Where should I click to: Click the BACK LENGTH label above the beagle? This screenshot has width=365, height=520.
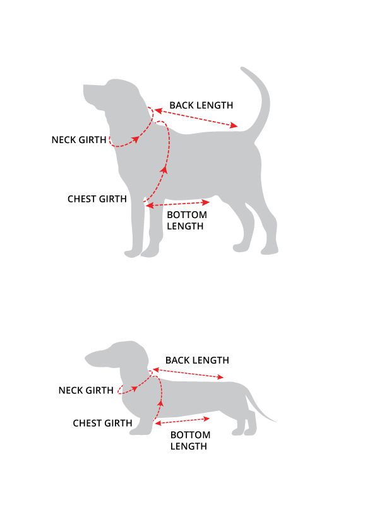click(x=201, y=105)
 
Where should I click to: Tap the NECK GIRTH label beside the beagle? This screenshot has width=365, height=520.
click(x=79, y=140)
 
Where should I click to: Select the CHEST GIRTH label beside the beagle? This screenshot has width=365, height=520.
click(x=97, y=199)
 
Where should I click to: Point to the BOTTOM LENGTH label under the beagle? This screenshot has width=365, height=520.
click(x=187, y=220)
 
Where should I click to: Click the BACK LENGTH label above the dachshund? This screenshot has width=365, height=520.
click(x=197, y=360)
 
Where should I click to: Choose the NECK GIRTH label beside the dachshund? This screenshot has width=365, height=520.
click(x=86, y=390)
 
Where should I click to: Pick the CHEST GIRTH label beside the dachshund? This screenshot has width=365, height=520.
click(x=103, y=423)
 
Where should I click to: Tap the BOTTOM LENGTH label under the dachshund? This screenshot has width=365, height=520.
click(x=190, y=441)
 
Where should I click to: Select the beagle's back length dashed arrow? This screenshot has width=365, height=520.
click(x=196, y=117)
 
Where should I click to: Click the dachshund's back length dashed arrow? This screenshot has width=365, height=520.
click(x=188, y=373)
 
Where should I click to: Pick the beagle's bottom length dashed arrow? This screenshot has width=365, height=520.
click(x=178, y=204)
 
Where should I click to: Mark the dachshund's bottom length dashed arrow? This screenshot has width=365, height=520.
click(x=182, y=420)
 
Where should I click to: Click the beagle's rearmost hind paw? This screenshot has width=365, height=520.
click(x=270, y=250)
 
